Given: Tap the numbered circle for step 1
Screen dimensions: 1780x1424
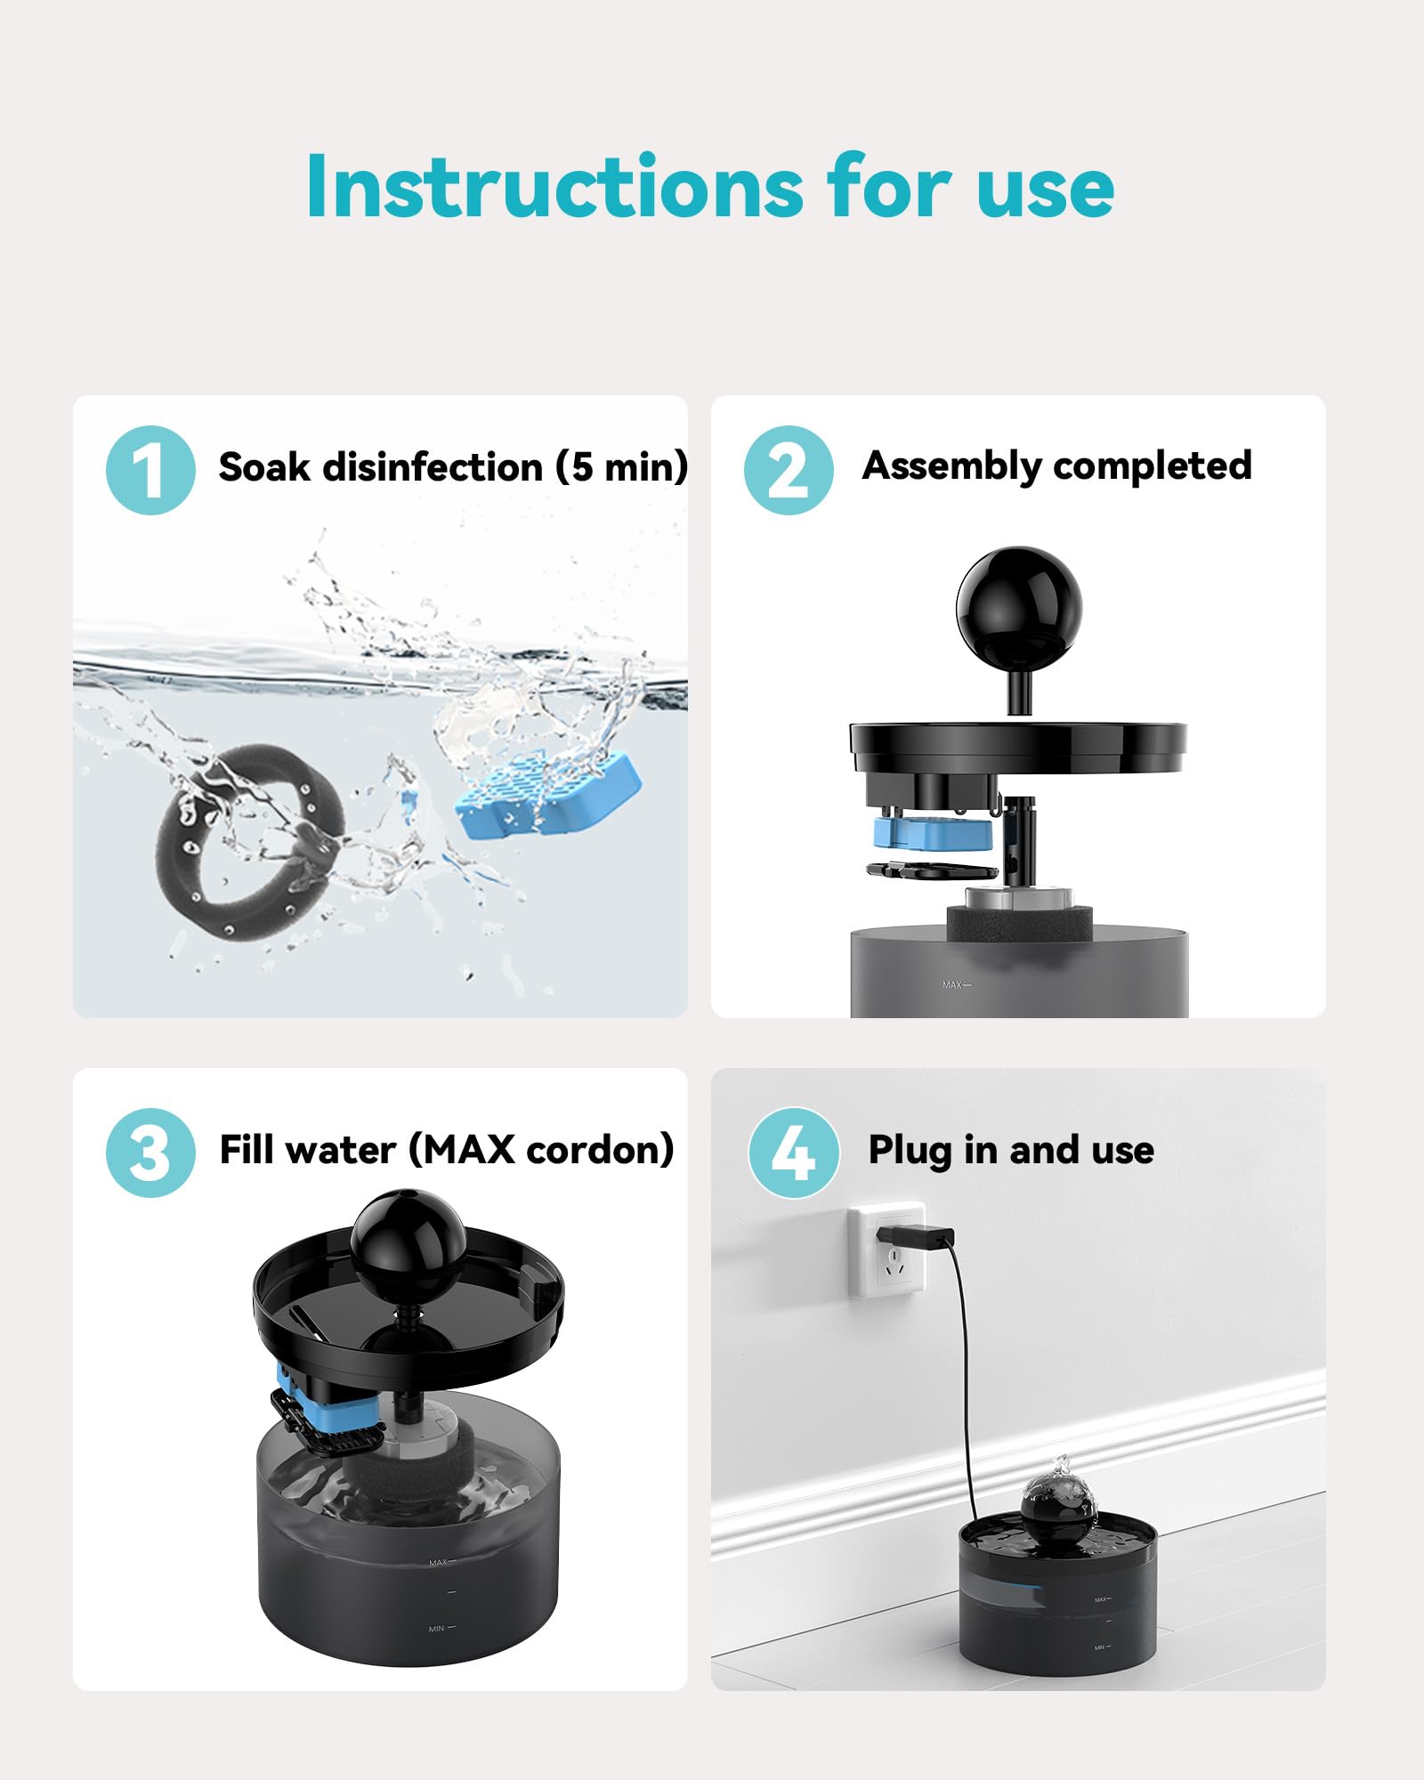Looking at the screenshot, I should click(x=150, y=470).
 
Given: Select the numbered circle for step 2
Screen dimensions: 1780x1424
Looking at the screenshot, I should click(x=789, y=470).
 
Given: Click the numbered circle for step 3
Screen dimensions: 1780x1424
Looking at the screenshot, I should click(x=150, y=1153).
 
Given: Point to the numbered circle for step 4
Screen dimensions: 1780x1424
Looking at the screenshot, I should click(x=793, y=1153).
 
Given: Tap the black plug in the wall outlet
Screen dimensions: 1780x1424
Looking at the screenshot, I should click(x=917, y=1237).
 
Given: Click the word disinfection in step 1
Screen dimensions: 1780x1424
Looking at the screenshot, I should click(x=433, y=467).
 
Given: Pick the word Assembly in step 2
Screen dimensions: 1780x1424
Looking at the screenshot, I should click(x=951, y=465).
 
